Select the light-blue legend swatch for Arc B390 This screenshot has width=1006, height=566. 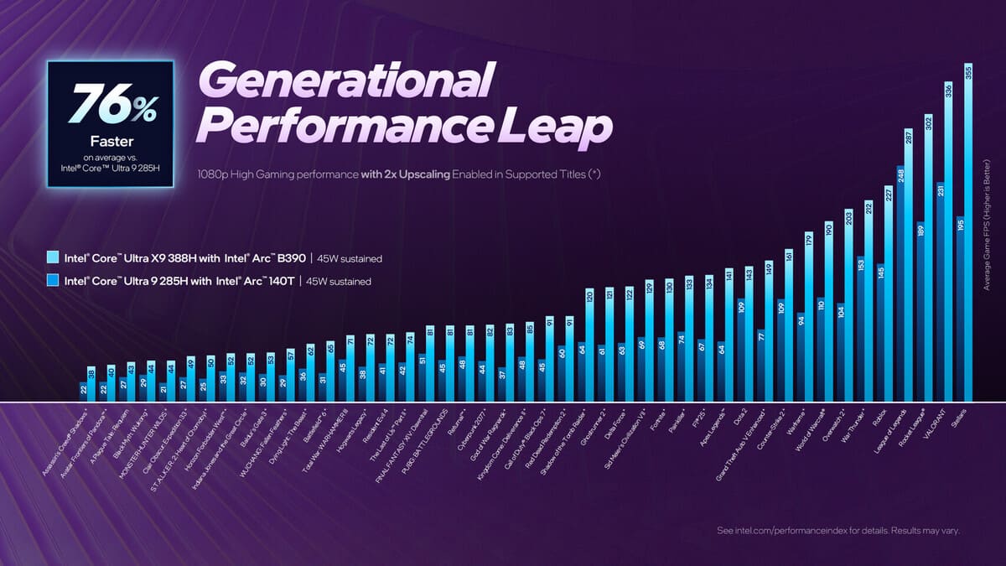click(x=54, y=258)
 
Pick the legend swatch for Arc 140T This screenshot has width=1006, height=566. click(x=54, y=282)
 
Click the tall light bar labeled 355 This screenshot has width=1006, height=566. click(x=969, y=235)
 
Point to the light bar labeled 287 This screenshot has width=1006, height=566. click(x=909, y=268)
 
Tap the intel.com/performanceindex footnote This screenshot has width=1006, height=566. click(x=838, y=531)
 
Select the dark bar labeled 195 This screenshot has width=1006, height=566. click(x=960, y=310)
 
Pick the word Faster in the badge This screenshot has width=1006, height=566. click(x=111, y=141)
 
